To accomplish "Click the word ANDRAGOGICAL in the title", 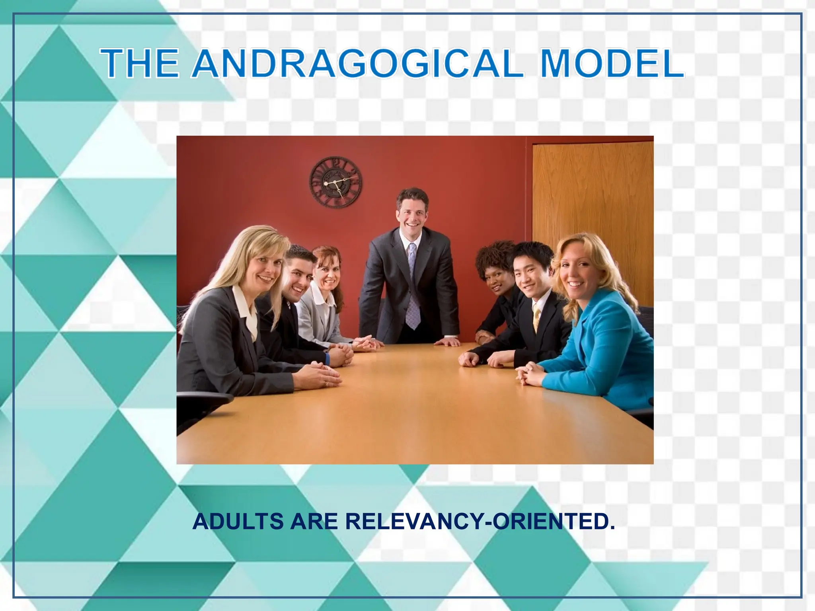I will [357, 64].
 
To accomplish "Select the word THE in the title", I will [139, 64].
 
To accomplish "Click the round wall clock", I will [336, 183].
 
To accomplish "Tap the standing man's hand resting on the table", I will [448, 342].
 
